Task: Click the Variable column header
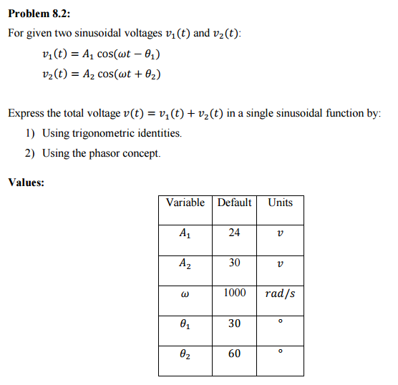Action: [185, 203]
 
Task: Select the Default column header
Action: [234, 203]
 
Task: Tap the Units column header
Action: [280, 203]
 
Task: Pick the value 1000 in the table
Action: [234, 293]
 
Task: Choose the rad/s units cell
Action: [280, 293]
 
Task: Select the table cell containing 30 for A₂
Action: [234, 263]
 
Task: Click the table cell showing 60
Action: [234, 354]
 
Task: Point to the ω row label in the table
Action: [185, 294]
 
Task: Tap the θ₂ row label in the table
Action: [185, 354]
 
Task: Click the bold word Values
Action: [26, 182]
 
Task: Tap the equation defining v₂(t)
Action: [101, 74]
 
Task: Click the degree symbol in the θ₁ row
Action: [280, 321]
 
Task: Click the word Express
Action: [26, 113]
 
